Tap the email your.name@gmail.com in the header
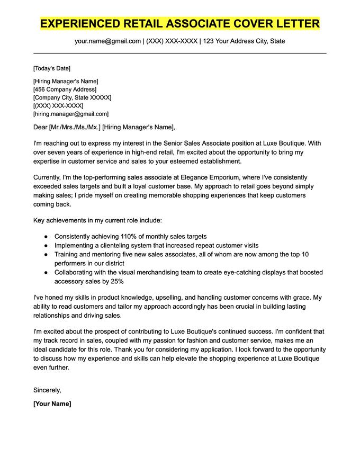[x=107, y=41]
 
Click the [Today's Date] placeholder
[x=51, y=68]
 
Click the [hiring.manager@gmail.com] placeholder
[x=70, y=113]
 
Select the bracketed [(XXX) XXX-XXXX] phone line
[x=58, y=105]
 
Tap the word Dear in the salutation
[x=40, y=127]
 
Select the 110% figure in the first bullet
[x=124, y=236]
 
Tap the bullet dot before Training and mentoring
[x=46, y=255]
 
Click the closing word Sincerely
[x=47, y=390]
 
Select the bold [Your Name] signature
[x=52, y=404]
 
